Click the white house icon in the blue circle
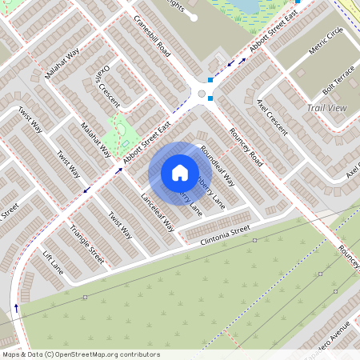180,172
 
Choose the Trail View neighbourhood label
326,107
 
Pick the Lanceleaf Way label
158,212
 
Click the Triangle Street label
87,244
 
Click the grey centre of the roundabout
202,94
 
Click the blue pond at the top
248,6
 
